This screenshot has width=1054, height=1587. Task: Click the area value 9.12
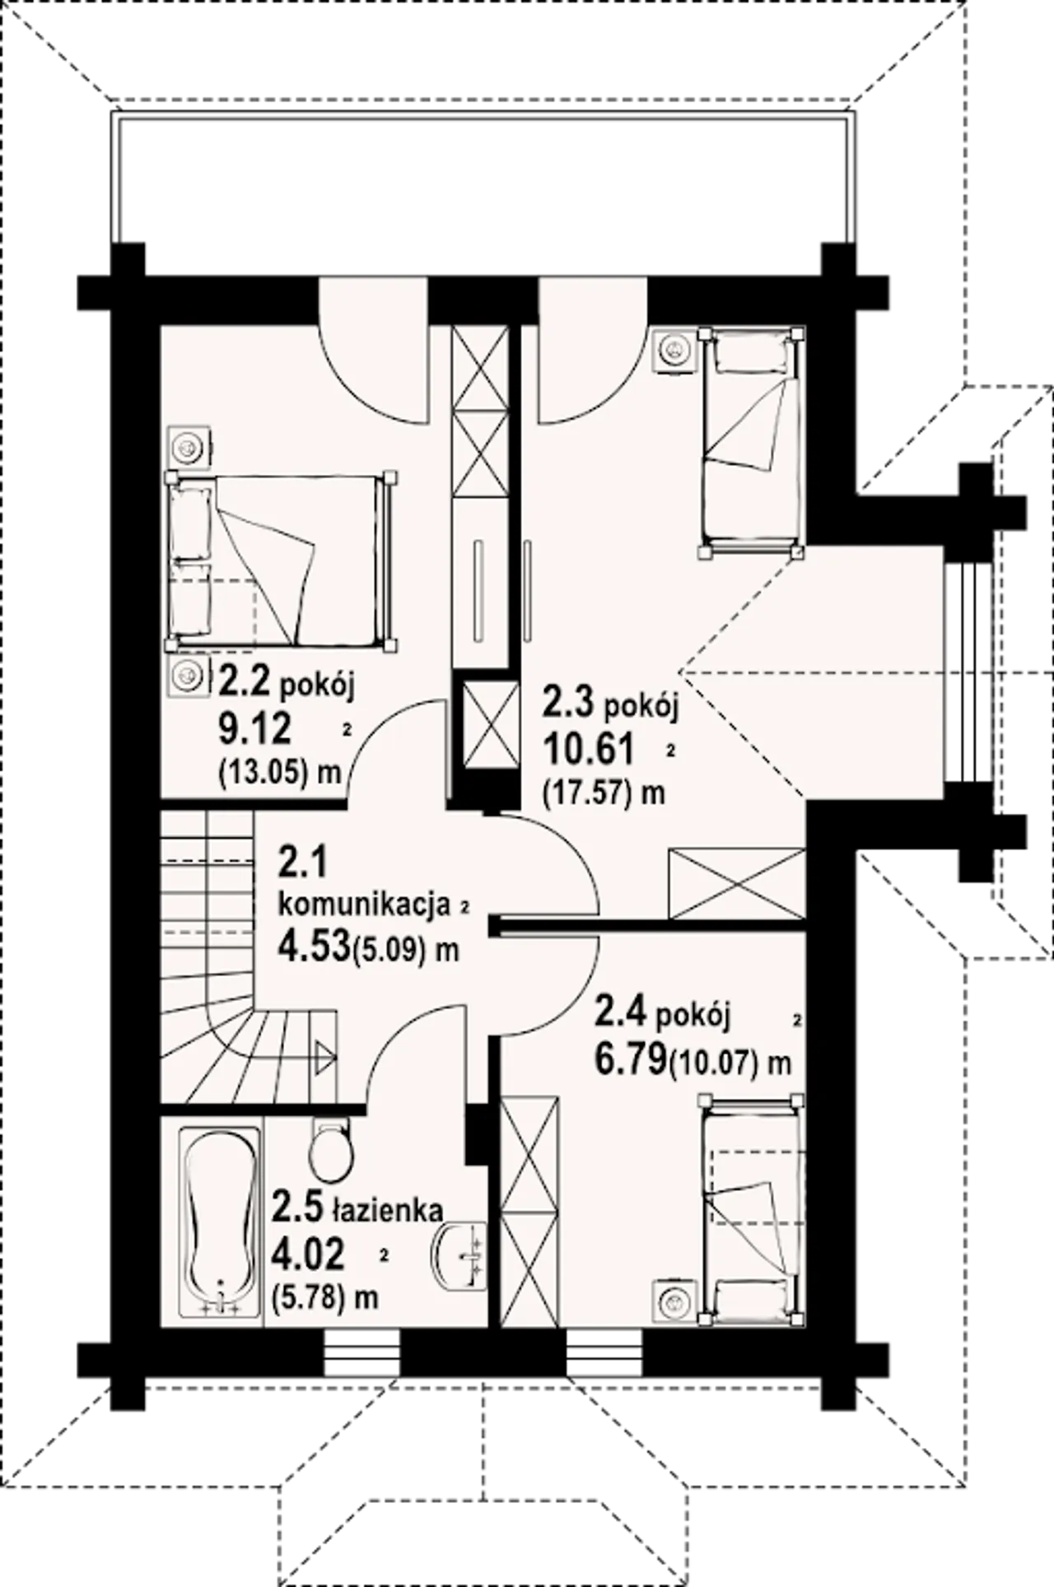click(x=254, y=727)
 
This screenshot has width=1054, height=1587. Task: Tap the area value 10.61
click(x=588, y=748)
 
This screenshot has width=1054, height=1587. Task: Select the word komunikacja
click(x=365, y=904)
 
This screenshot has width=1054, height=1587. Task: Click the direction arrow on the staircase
click(x=324, y=1054)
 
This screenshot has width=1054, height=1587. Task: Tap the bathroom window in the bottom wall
click(x=362, y=1353)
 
